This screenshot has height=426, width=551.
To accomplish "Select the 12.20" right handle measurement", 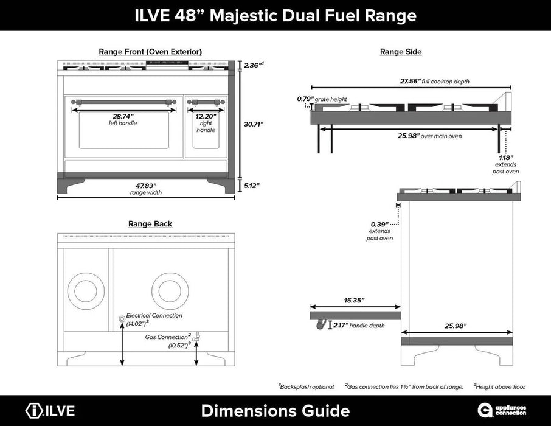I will coord(206,116).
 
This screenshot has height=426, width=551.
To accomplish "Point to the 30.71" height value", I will coord(254,124).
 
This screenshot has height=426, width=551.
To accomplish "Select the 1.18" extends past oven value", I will coord(505,158).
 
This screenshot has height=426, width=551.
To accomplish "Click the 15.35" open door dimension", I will coord(349,300).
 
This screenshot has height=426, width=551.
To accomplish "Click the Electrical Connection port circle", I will coord(122,318).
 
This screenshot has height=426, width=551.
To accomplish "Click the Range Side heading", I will coord(400,52).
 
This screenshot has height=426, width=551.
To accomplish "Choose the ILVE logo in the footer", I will coord(50,411).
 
